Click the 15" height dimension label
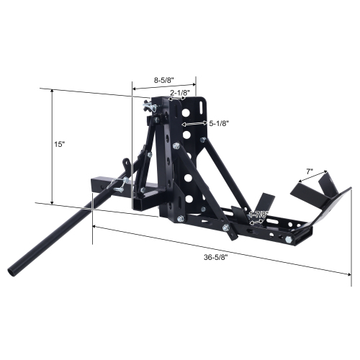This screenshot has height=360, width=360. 60,144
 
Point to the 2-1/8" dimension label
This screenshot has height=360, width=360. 180,93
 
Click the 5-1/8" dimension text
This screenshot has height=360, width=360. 219,124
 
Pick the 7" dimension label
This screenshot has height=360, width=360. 310,172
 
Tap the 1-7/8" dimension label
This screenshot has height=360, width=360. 258,215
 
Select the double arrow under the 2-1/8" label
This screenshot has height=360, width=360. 179,100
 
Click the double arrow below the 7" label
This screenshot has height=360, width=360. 308,181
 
